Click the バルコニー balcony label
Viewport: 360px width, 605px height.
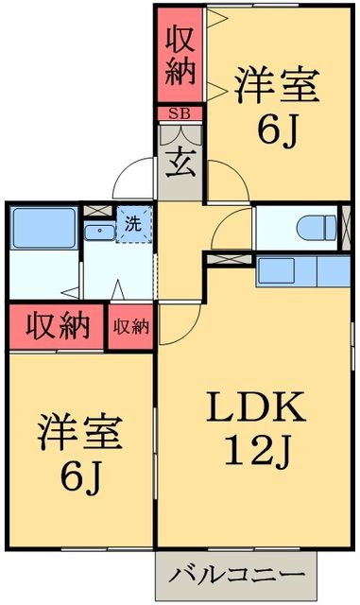(237, 576)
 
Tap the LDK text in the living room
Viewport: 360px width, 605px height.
(256, 408)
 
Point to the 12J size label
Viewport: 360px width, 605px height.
(256, 453)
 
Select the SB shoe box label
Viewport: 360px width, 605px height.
(179, 113)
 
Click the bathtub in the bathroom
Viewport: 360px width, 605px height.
(42, 228)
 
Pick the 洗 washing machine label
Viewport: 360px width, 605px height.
(134, 225)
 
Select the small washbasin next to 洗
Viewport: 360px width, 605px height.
(97, 233)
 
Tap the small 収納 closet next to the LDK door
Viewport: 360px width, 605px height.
(131, 327)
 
